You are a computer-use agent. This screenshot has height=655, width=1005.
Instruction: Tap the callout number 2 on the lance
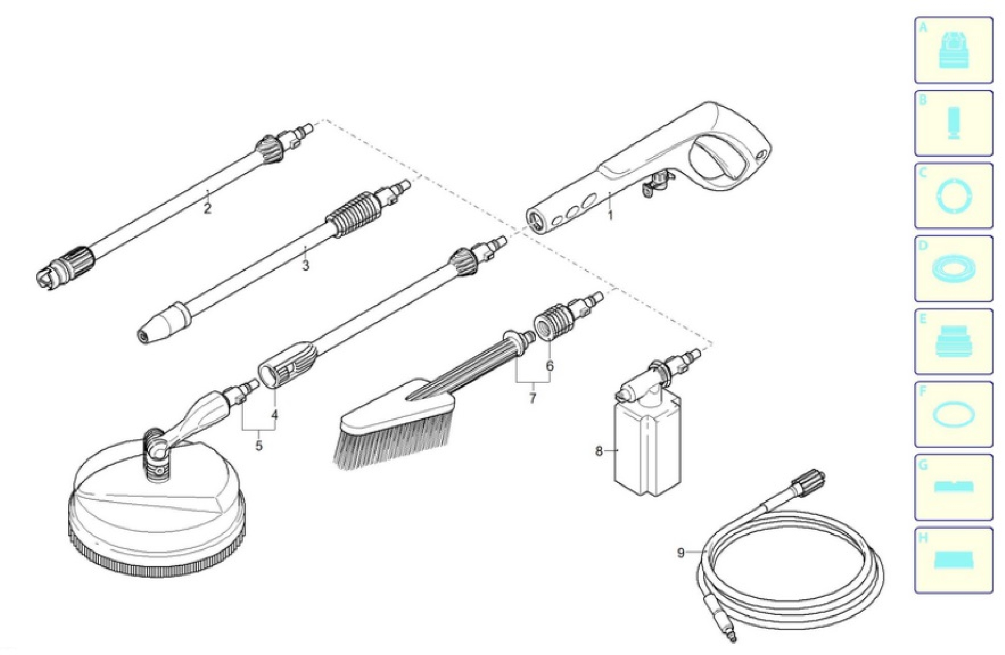[x=207, y=208]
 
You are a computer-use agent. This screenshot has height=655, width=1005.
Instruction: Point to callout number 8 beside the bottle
[x=599, y=451]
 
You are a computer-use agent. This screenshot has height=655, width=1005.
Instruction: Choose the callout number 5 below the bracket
[x=258, y=445]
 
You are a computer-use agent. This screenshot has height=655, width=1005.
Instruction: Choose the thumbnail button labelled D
[x=953, y=269]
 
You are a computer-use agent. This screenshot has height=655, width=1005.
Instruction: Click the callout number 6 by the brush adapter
[x=549, y=365]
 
